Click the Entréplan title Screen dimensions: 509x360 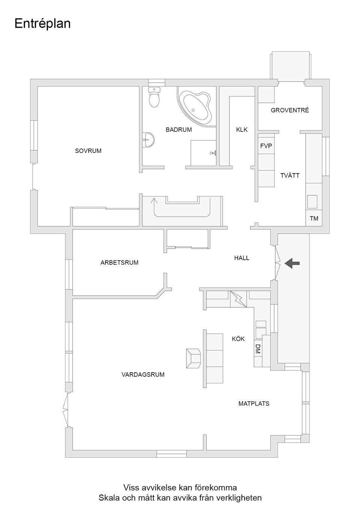coord(42,24)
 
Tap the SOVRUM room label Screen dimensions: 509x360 coord(88,151)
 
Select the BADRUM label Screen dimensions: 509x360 coord(178,130)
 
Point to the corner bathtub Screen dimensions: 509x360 coord(195,106)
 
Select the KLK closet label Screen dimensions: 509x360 coord(241,130)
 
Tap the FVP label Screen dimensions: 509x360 coord(266,146)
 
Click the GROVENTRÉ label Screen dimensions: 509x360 coord(289,110)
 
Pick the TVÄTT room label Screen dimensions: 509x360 coord(290,175)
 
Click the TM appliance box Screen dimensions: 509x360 coord(314,218)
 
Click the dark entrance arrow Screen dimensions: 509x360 coord(292,263)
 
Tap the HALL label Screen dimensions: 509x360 coord(241,258)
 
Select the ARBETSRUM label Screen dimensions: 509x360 coord(119,262)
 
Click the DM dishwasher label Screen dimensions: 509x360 coord(258,349)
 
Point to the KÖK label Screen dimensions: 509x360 coord(238,339)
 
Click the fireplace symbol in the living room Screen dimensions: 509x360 coord(193,358)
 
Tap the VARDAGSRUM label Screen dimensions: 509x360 coord(143,374)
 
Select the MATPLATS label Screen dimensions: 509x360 coord(253,404)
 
